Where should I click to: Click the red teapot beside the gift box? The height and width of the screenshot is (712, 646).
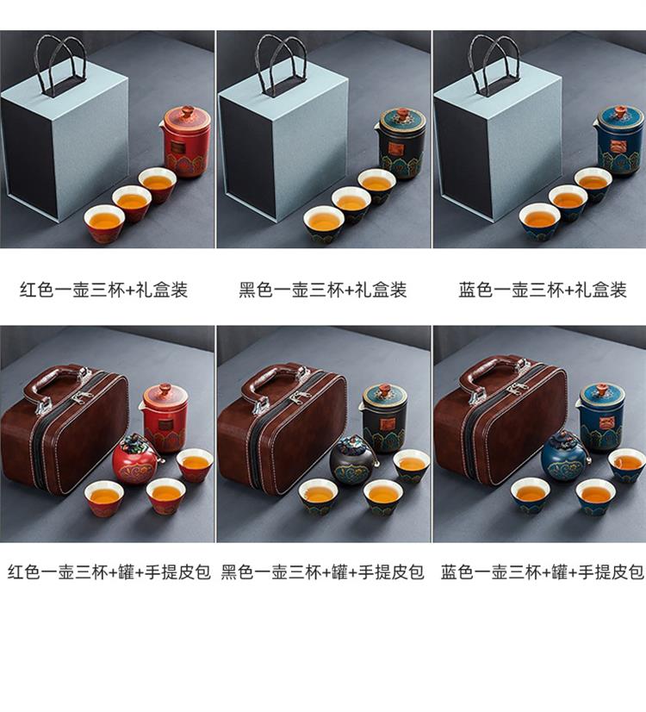coord(185,141)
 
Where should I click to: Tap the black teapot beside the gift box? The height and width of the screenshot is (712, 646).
coord(402,142)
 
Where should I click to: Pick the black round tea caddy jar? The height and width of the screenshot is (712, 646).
coord(354,459)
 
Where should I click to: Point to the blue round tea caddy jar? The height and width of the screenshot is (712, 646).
coord(566,456)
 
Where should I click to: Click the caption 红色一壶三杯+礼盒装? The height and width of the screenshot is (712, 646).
coord(104,290)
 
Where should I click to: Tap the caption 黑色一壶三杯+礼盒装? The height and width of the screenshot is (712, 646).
coord(322,290)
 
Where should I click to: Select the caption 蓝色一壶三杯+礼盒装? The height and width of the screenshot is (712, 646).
coord(543,290)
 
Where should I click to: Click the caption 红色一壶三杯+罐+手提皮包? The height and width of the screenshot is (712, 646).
coord(109,571)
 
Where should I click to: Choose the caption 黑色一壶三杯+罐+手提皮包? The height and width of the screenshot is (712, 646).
coord(322,571)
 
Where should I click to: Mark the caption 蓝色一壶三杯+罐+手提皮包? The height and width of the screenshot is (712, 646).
coord(543,571)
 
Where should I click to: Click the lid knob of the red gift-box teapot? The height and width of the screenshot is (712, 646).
coord(187,112)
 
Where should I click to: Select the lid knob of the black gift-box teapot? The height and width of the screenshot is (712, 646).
coord(402,114)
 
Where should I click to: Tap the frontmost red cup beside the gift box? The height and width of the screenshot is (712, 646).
coord(104,223)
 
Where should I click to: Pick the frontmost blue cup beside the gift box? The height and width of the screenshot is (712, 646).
coord(539,222)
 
